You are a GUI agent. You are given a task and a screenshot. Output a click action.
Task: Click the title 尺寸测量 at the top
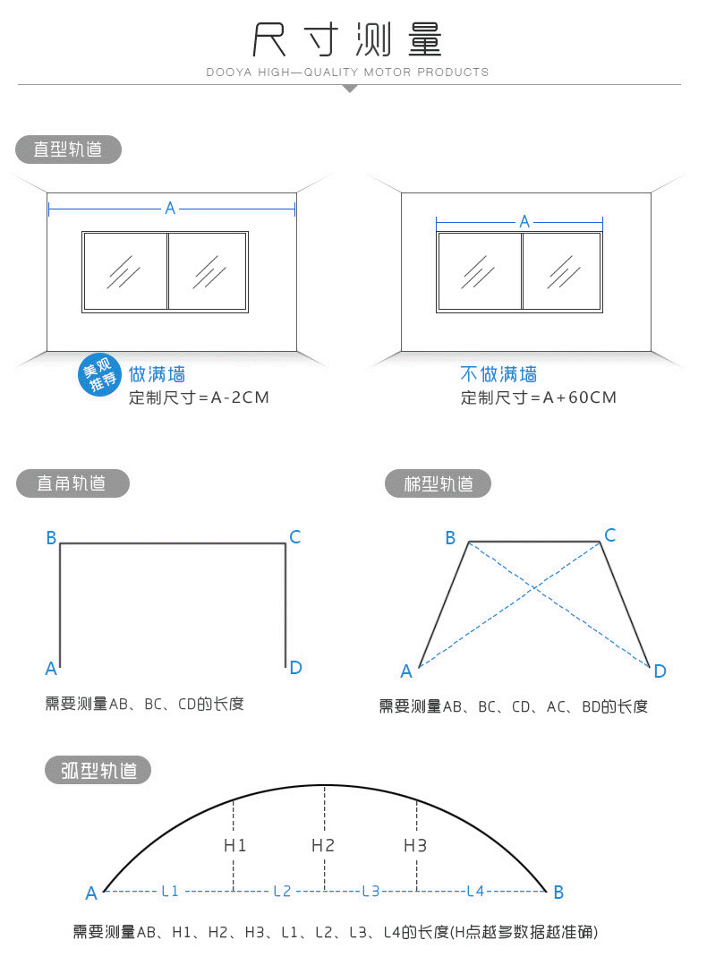coord(347,38)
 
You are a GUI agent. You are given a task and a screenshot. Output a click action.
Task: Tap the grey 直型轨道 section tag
coord(68,150)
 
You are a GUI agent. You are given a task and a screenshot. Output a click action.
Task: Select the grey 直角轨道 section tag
coord(72,483)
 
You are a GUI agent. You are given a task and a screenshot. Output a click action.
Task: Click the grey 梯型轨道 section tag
coord(439,483)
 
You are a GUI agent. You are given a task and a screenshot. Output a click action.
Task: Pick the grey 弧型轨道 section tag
coord(98,770)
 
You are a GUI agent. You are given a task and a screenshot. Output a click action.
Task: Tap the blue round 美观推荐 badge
coord(99,374)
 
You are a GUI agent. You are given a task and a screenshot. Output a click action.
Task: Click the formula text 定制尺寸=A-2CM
coord(199,397)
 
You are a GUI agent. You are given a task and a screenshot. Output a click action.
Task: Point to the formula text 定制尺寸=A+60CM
coord(538,397)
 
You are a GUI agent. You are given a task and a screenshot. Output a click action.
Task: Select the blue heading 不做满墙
coord(498,374)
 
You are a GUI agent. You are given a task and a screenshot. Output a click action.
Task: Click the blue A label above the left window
coord(170,208)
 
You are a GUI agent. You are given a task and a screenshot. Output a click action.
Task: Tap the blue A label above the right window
coord(524,221)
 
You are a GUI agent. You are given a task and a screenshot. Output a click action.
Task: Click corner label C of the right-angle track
coord(294,537)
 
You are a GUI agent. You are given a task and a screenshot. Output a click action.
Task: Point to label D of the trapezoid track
coord(660,671)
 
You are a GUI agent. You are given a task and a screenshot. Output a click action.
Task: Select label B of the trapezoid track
coord(451,537)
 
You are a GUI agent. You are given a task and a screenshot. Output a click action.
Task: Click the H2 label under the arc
coord(323,845)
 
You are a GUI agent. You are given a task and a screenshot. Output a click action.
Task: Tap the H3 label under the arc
coord(414,845)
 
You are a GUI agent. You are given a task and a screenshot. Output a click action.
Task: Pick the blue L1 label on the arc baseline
coord(170,892)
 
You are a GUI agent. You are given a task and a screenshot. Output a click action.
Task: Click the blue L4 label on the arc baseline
coord(475,892)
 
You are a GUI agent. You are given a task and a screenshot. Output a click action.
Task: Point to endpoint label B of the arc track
coord(558,892)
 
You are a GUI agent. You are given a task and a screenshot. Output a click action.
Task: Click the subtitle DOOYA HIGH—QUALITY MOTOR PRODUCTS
coord(347,72)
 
